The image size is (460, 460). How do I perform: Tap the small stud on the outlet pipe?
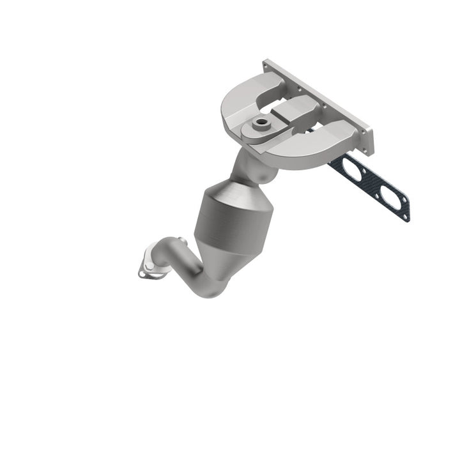pos(182,241)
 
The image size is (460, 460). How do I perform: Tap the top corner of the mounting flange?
pos(266,63)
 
